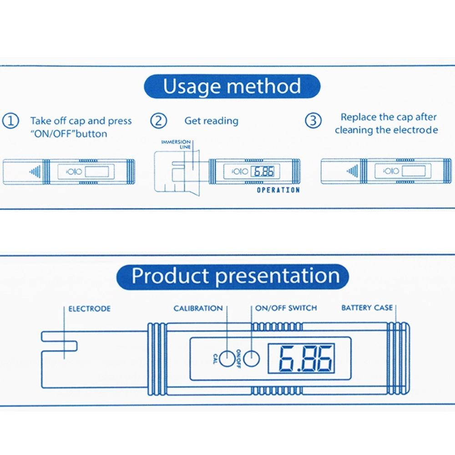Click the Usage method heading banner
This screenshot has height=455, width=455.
[x=232, y=86]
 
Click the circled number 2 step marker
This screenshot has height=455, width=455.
[x=158, y=121]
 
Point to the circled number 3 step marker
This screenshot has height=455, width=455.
[x=313, y=121]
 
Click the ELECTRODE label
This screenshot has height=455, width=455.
[x=89, y=309]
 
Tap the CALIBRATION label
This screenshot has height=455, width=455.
[x=198, y=308]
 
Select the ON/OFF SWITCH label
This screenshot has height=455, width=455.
[x=286, y=308]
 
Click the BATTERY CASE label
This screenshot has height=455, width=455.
[x=367, y=308]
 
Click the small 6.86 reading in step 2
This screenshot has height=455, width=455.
[x=263, y=172]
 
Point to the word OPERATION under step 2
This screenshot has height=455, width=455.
[x=278, y=190]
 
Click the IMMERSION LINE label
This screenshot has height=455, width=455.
[x=176, y=144]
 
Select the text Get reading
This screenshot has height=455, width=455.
[x=211, y=121]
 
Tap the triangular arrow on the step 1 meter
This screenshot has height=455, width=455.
[x=33, y=172]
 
